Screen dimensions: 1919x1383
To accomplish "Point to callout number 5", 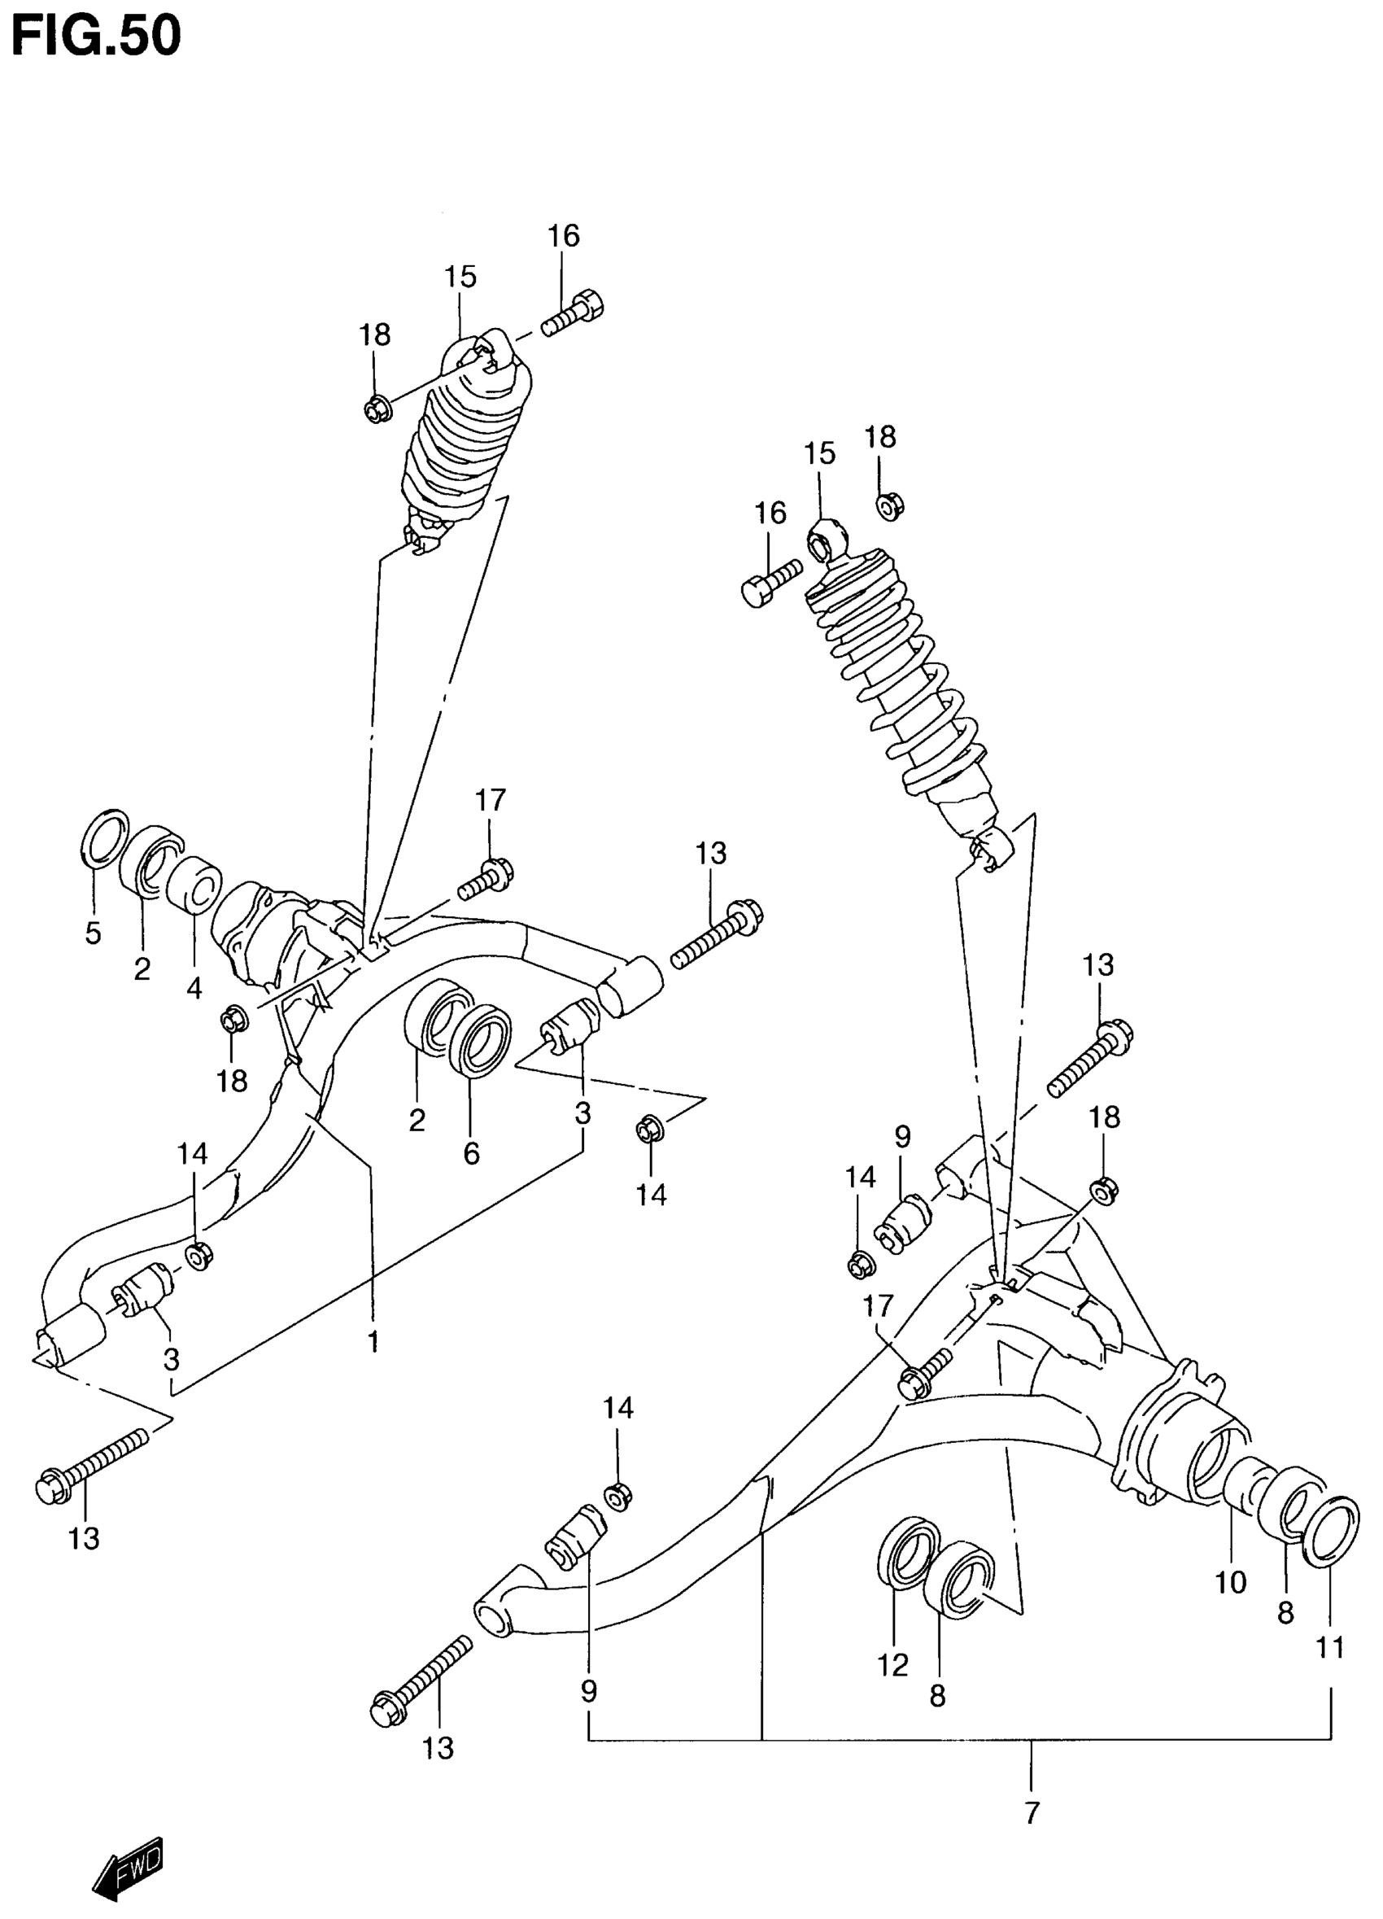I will pyautogui.click(x=93, y=933).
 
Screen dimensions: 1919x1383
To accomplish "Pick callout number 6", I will pyautogui.click(x=471, y=1152).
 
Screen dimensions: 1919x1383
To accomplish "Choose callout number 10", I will pyautogui.click(x=1231, y=1581).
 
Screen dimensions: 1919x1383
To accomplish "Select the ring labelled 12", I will pyautogui.click(x=908, y=1550).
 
